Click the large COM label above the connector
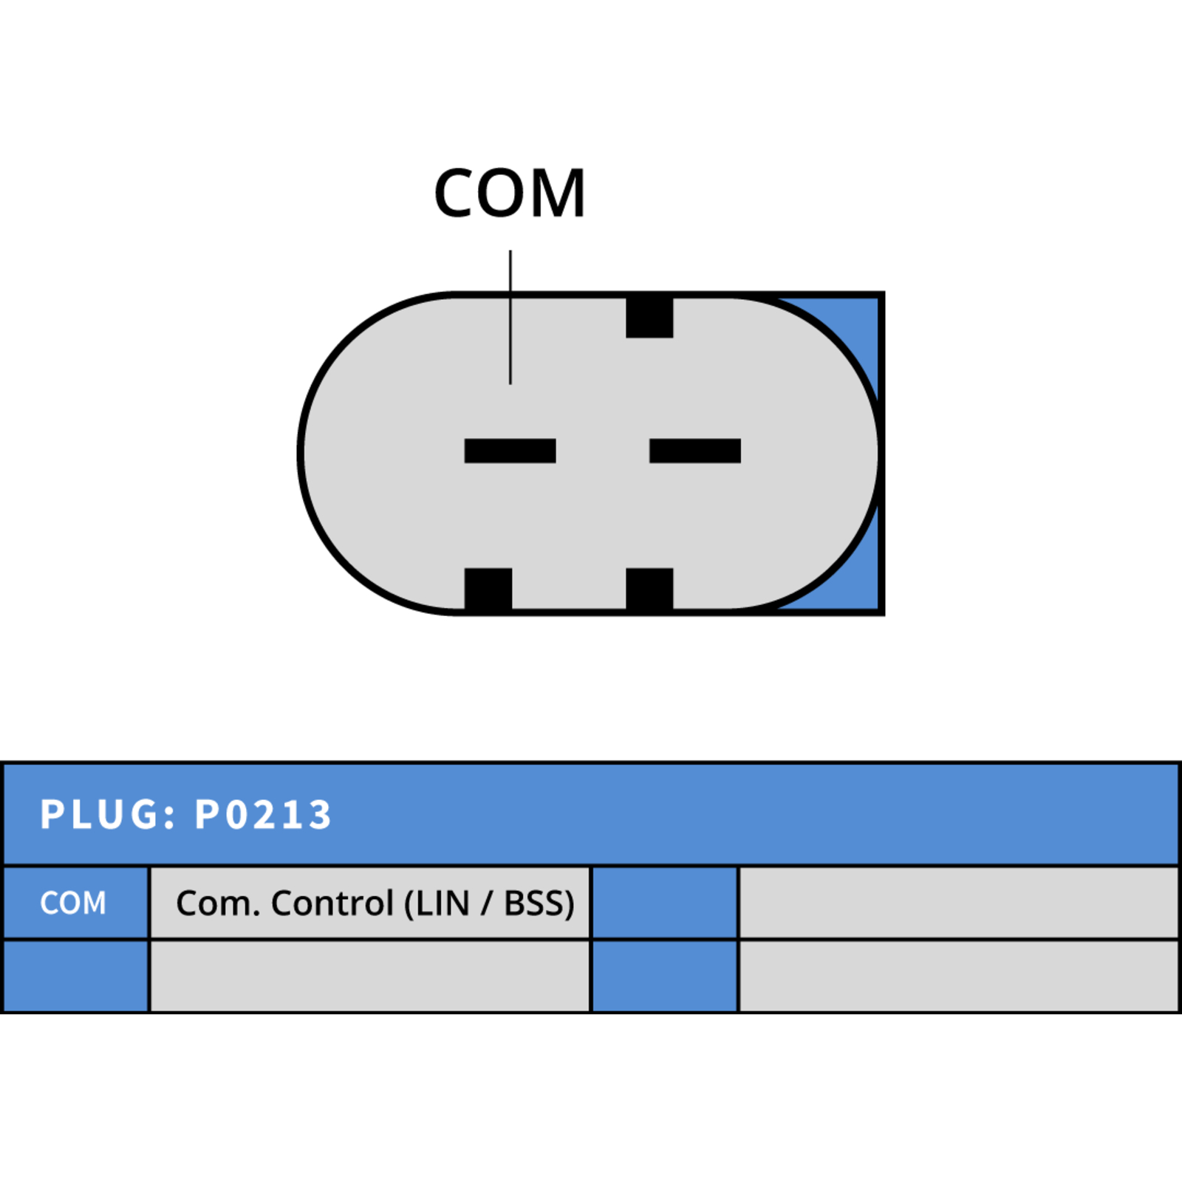(x=510, y=194)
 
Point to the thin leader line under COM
(x=510, y=317)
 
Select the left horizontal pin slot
(x=510, y=451)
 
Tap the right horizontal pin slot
(x=695, y=451)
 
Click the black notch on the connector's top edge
(x=649, y=317)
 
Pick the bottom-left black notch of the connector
(x=488, y=590)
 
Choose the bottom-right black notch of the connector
(x=649, y=590)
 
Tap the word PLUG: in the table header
(x=108, y=815)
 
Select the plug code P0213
(x=262, y=815)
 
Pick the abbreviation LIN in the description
(x=443, y=903)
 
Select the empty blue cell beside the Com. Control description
(x=665, y=903)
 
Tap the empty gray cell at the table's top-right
(x=958, y=903)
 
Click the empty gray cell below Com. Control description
(x=370, y=976)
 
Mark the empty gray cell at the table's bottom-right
(x=958, y=976)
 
